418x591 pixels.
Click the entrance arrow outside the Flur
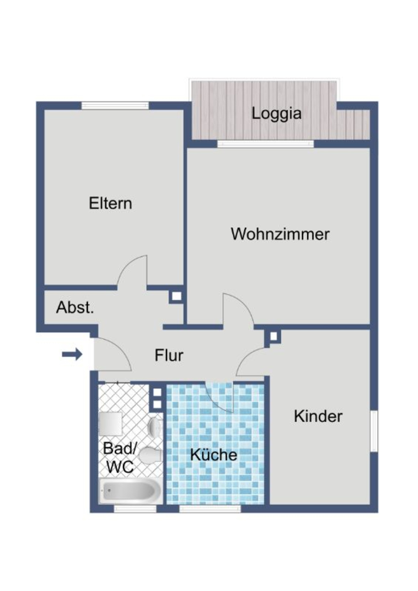point(72,354)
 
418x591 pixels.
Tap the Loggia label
point(276,114)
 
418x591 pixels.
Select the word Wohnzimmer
point(280,234)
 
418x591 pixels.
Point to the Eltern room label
point(110,203)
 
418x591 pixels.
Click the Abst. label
point(75,307)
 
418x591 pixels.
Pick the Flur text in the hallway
point(169,355)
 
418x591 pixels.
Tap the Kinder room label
point(318,416)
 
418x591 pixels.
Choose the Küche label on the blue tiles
point(214,455)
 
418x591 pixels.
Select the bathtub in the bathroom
point(130,491)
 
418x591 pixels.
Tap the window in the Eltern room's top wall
point(115,105)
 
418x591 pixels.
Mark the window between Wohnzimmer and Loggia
point(265,144)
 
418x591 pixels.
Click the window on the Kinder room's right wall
point(374,431)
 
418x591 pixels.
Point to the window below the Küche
point(210,508)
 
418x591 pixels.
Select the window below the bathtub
point(135,508)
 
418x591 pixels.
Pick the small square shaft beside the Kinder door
point(273,336)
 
